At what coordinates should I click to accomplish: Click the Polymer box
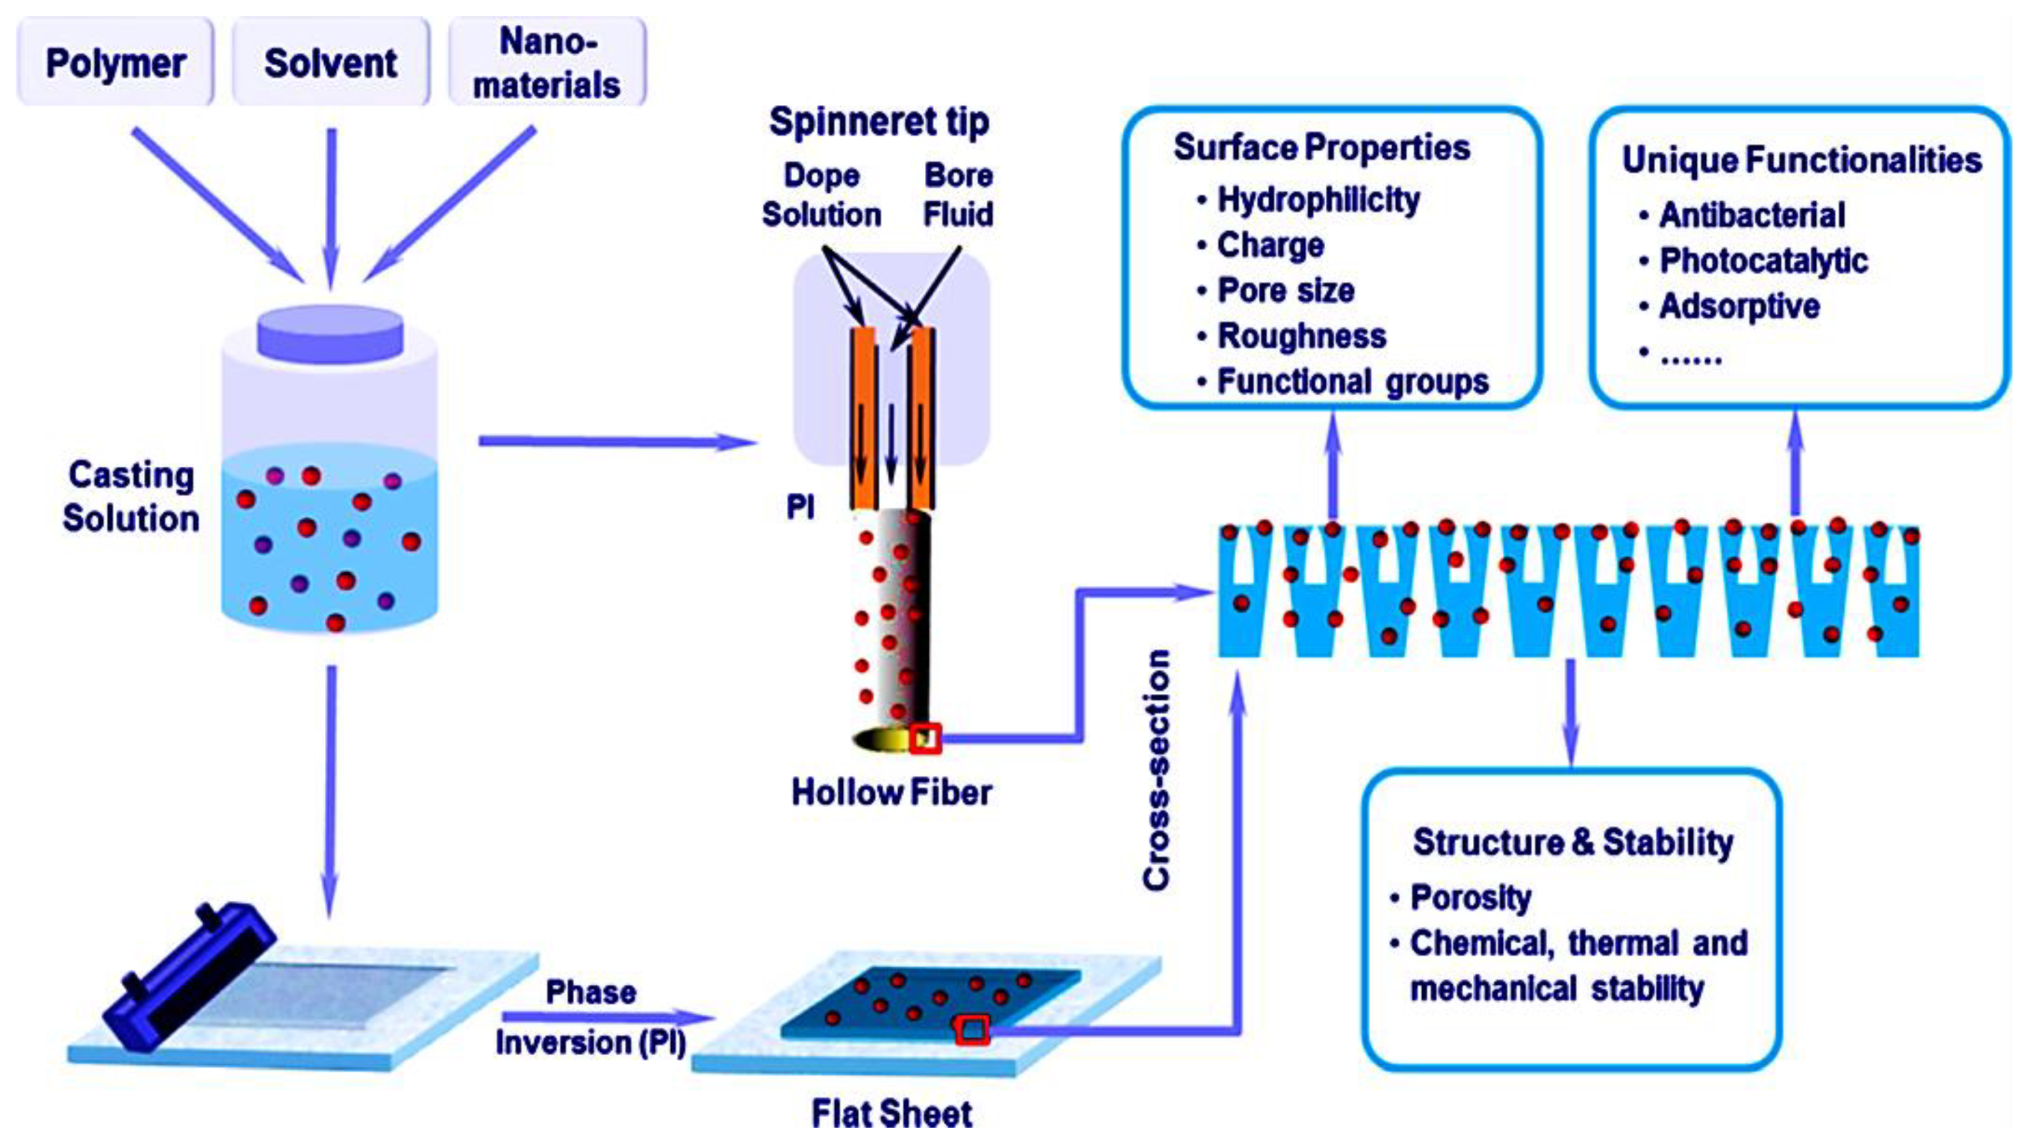[x=115, y=62]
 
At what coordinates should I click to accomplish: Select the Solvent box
[x=330, y=62]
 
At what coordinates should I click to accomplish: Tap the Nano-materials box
[x=546, y=62]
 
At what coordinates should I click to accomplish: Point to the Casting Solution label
[x=131, y=497]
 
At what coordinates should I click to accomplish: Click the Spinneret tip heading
[x=879, y=122]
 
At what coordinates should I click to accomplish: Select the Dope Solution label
[x=821, y=194]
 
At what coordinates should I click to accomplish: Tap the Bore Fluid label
[x=958, y=194]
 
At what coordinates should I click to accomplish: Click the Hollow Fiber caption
[x=891, y=793]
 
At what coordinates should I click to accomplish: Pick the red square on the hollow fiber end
[x=925, y=738]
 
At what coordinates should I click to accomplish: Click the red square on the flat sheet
[x=972, y=1029]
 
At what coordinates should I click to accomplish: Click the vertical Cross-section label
[x=1157, y=771]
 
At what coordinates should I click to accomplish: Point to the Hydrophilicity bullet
[x=1318, y=200]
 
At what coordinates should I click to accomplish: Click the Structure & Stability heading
[x=1572, y=842]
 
